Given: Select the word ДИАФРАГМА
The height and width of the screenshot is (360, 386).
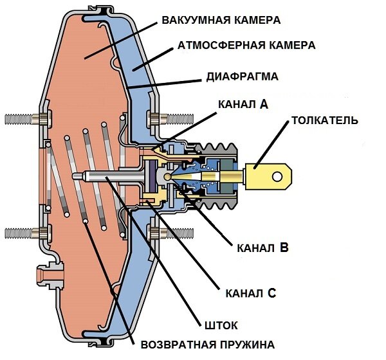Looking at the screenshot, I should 241,76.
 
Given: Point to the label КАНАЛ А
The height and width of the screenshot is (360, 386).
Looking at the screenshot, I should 243,104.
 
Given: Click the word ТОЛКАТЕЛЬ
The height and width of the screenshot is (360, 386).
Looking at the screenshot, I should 324,120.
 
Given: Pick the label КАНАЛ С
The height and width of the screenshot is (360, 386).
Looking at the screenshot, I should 250,294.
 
